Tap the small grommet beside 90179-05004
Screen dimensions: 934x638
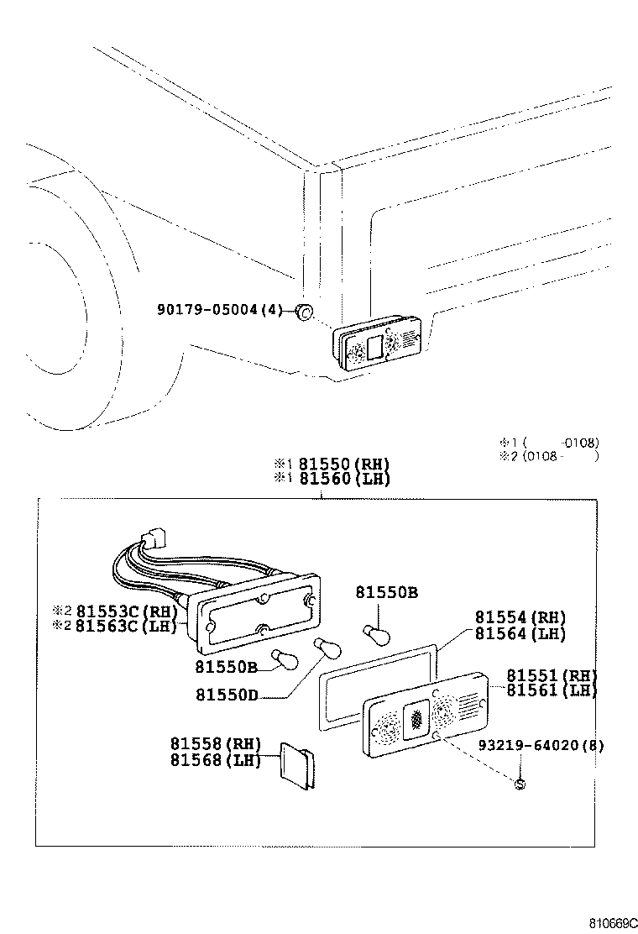pos(304,313)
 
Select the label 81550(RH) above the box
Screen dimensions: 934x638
pos(344,464)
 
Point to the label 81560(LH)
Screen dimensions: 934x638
pos(344,480)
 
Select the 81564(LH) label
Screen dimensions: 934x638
pos(520,634)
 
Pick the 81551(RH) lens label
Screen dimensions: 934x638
pos(551,676)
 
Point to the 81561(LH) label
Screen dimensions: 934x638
pos(551,691)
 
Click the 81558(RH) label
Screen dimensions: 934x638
pos(216,744)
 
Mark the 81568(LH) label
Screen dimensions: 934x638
pos(216,760)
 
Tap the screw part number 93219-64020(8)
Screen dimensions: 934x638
pos(541,745)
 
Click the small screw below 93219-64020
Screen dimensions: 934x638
pos(520,784)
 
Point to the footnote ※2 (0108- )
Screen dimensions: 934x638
pos(549,457)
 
